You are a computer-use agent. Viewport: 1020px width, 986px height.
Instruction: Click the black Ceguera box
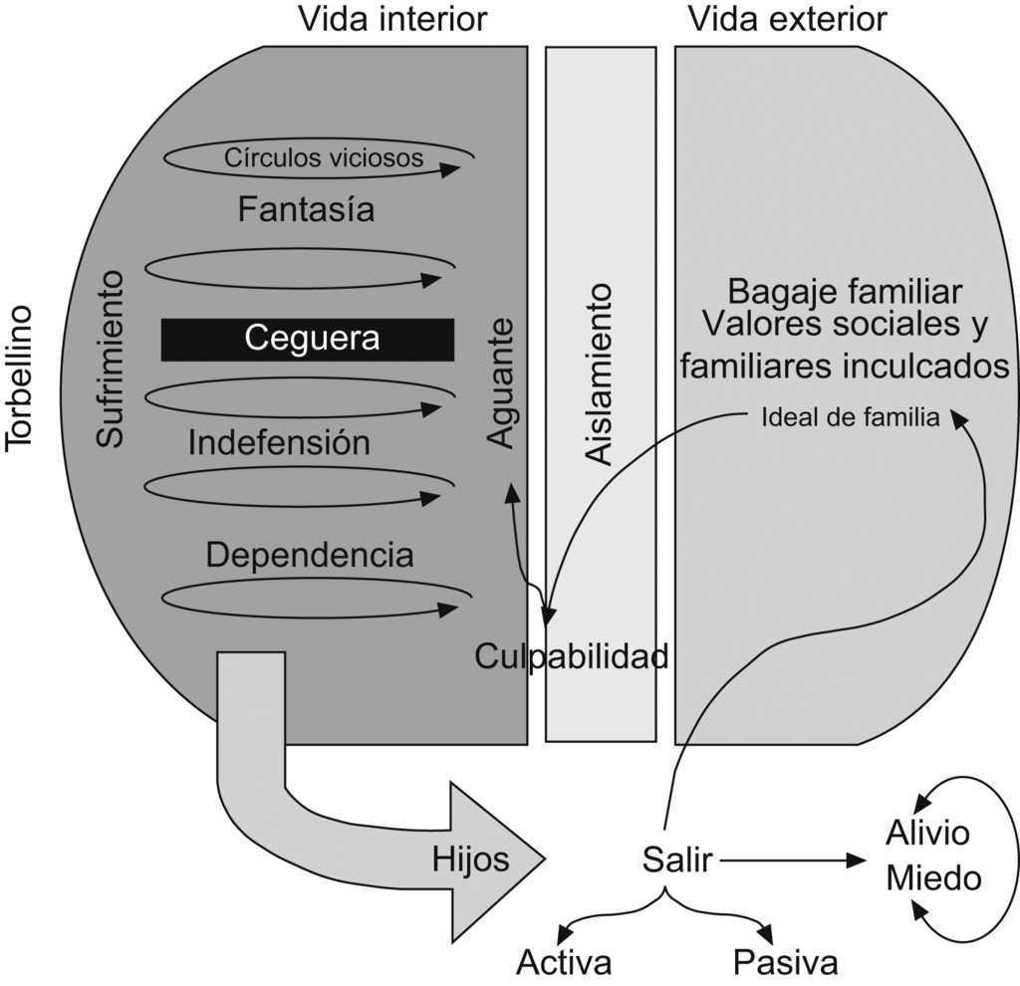click(x=308, y=339)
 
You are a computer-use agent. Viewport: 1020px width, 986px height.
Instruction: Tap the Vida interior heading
click(x=392, y=18)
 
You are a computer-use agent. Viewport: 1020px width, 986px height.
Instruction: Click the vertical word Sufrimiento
click(x=111, y=359)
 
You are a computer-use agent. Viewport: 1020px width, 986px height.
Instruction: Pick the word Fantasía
click(x=306, y=210)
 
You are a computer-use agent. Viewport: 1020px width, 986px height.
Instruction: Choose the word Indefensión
click(x=279, y=442)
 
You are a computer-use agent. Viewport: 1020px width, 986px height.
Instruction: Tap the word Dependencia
click(x=309, y=555)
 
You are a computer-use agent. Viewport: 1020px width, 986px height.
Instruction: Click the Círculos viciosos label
click(x=324, y=157)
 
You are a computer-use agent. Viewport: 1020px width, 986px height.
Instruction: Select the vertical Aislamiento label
click(x=598, y=373)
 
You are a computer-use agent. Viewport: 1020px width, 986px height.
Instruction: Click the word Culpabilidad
click(x=571, y=656)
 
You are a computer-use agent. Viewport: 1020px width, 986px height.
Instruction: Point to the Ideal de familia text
click(x=850, y=418)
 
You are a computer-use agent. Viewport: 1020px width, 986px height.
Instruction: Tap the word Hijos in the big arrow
click(x=470, y=859)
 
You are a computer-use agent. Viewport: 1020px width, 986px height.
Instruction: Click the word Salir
click(x=677, y=859)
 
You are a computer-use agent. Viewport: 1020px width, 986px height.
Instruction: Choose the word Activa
click(x=564, y=962)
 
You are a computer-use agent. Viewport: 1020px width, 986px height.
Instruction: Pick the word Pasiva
click(x=785, y=962)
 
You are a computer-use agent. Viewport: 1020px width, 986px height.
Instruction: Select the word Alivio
click(x=927, y=833)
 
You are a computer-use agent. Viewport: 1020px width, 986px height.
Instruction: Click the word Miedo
click(x=933, y=878)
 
